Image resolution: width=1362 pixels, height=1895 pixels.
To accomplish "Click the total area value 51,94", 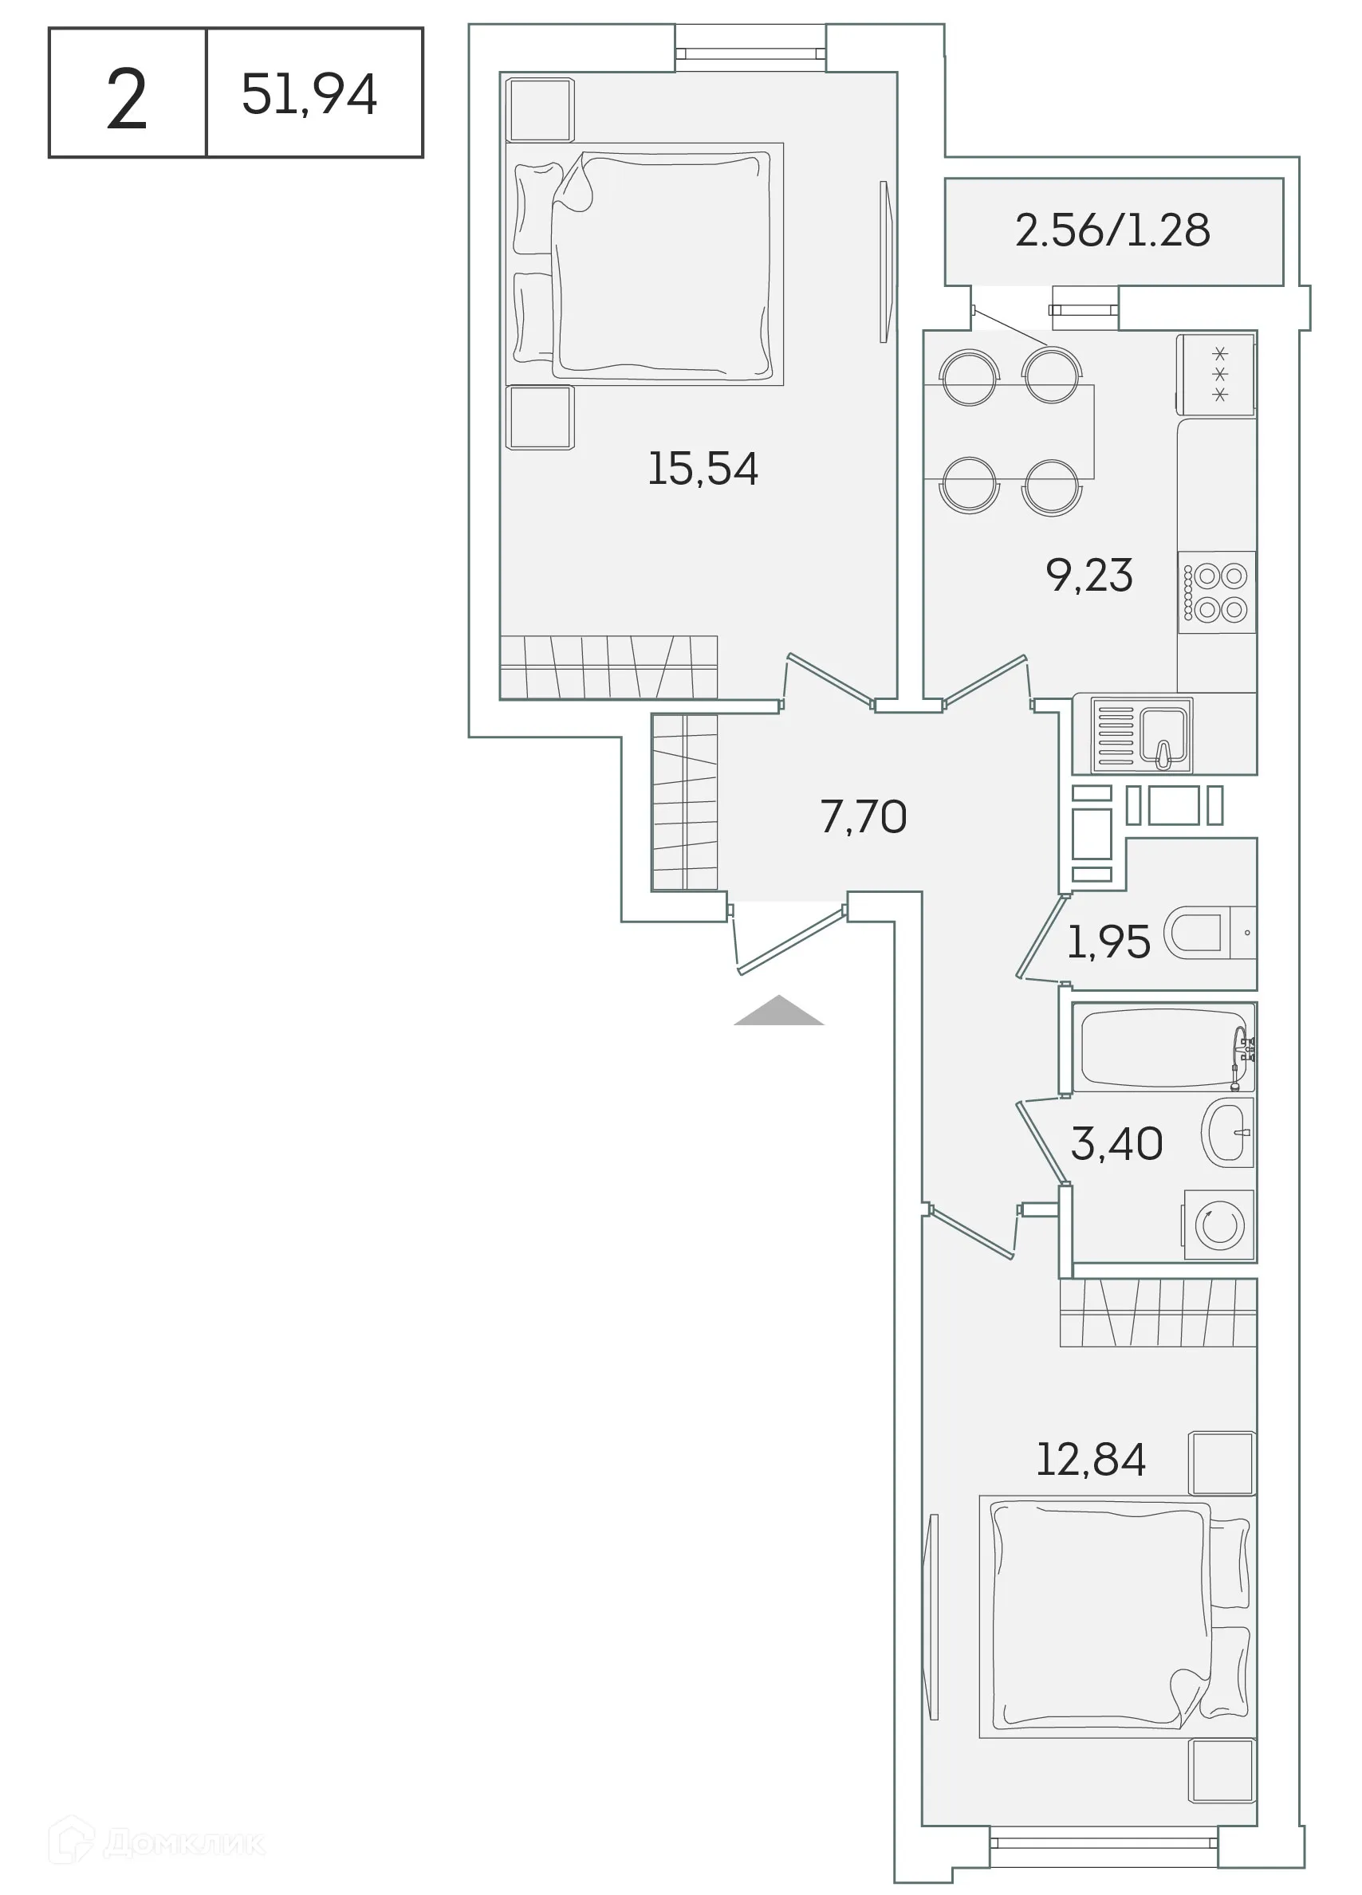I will (309, 93).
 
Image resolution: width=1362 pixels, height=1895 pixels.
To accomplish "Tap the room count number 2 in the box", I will (127, 100).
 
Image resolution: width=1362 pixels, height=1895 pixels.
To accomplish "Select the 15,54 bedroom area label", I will (703, 469).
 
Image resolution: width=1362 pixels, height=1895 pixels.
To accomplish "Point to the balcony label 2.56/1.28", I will (1112, 230).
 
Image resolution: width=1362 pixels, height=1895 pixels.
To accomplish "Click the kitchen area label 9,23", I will (1088, 576).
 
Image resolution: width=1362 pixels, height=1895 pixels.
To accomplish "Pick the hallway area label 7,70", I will (863, 816).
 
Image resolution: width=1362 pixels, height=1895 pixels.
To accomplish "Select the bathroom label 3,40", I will (1116, 1144).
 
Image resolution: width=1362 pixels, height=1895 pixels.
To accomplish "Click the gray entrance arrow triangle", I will (779, 1012).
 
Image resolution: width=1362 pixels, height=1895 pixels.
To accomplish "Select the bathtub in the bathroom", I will (1163, 1047).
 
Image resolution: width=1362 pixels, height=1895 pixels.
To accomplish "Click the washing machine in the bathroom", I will (1219, 1225).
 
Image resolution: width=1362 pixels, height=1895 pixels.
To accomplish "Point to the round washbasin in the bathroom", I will (1227, 1132).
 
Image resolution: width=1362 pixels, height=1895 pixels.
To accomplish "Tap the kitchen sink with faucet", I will (1162, 734).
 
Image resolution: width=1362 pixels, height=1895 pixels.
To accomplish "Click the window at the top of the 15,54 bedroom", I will (750, 53).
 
